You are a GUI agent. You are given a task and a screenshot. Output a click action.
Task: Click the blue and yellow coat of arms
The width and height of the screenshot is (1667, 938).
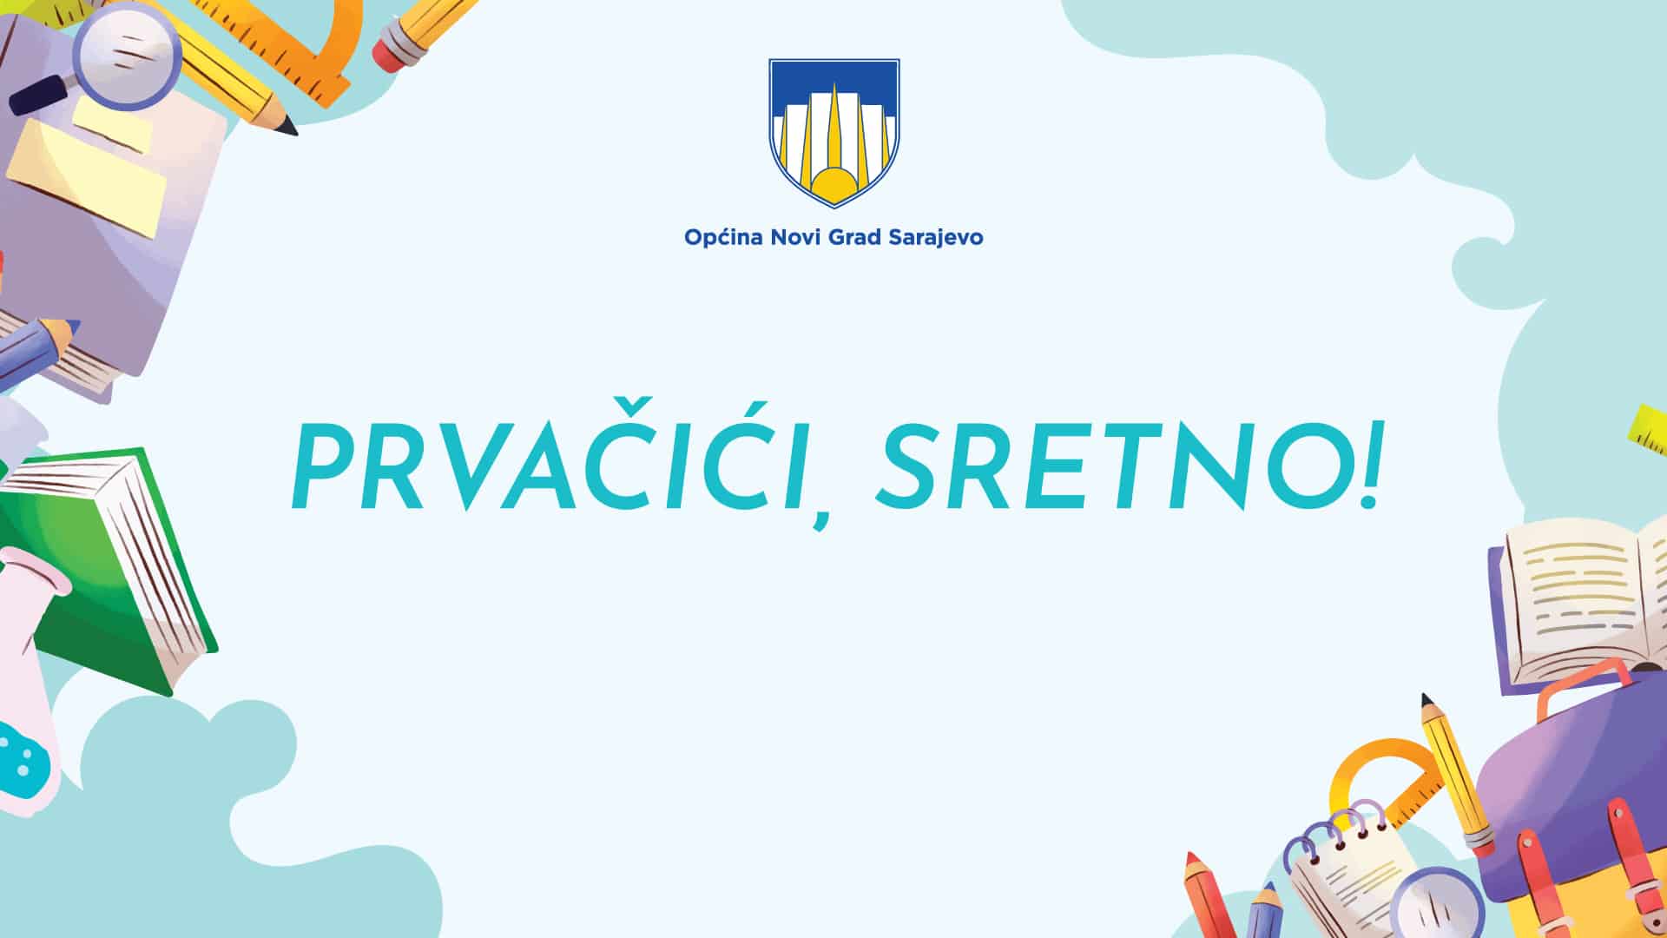[833, 133]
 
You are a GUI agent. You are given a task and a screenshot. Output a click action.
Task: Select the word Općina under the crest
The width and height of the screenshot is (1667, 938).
[724, 237]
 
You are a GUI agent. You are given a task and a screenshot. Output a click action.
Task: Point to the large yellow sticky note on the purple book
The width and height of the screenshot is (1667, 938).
[87, 178]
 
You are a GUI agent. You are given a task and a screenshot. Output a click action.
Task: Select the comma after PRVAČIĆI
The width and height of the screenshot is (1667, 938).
[820, 516]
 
